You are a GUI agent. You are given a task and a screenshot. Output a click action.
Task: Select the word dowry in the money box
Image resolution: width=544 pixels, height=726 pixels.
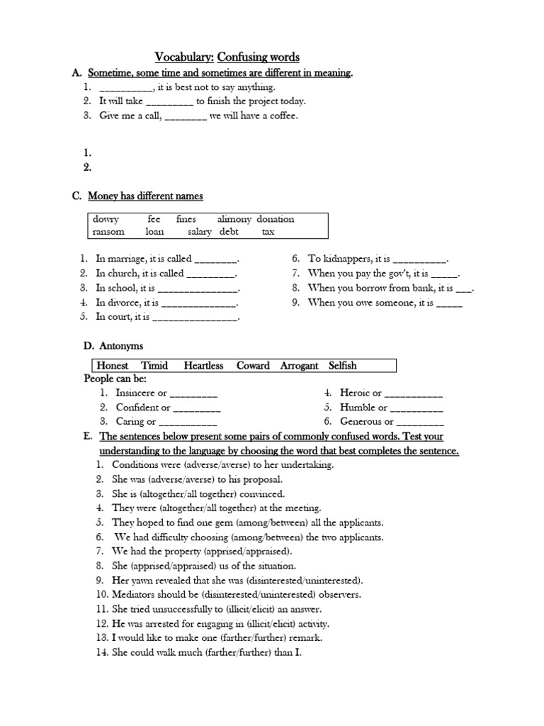(106, 219)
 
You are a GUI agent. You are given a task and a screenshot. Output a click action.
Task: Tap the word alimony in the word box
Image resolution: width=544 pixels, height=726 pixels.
(234, 219)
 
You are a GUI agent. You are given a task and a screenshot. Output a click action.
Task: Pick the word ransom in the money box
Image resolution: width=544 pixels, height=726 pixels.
(108, 231)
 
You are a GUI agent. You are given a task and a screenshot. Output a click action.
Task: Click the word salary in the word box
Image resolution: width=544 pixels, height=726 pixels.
(200, 231)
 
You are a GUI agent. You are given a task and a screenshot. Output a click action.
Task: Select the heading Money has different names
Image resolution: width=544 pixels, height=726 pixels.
(145, 196)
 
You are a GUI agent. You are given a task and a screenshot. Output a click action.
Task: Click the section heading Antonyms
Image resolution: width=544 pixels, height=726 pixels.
(123, 346)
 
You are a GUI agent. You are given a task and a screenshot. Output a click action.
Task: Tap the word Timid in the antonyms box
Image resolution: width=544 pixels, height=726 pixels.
(154, 366)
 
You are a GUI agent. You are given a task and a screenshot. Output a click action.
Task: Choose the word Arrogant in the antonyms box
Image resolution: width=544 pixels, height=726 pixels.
(300, 366)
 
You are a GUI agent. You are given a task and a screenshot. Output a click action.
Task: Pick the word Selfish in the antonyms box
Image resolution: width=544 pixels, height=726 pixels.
(342, 366)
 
